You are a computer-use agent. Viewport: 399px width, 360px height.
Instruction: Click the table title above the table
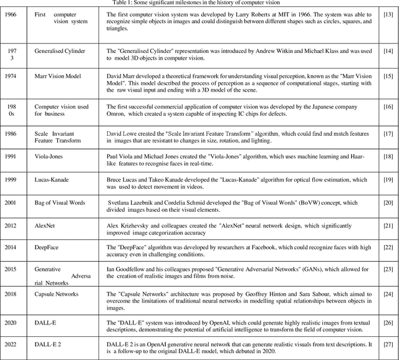[x=199, y=3]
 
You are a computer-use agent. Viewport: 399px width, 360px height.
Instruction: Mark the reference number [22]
[x=387, y=247]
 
